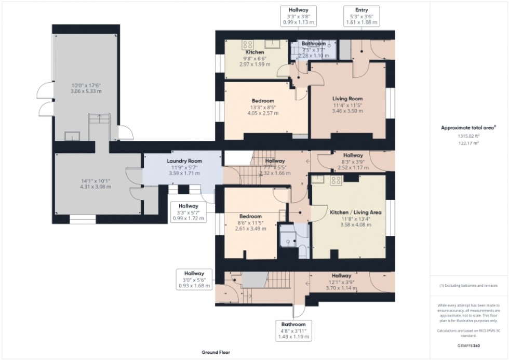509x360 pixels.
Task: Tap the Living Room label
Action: click(x=347, y=99)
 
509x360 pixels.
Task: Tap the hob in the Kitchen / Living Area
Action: click(x=335, y=180)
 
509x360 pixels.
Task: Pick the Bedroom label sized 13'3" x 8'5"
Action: click(x=263, y=101)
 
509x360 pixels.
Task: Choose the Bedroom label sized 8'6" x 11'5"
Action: click(x=251, y=216)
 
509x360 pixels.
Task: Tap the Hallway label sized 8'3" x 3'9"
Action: click(x=353, y=155)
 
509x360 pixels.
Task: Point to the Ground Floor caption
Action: click(x=216, y=352)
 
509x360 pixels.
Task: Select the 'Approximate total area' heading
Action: click(x=466, y=127)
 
